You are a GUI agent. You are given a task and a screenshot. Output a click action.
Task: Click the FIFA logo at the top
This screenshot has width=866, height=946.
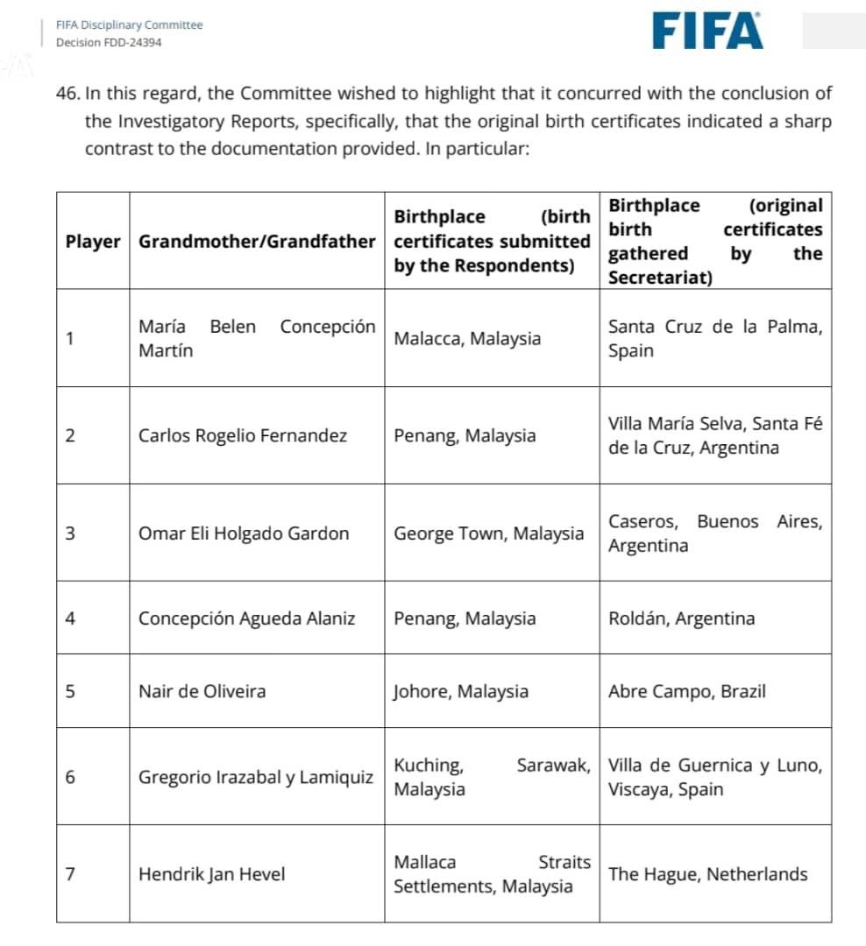pyautogui.click(x=707, y=31)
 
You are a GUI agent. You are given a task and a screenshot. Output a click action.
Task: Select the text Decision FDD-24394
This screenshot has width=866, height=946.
pyautogui.click(x=109, y=42)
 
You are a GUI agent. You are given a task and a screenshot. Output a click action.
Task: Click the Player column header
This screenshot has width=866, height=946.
pyautogui.click(x=93, y=241)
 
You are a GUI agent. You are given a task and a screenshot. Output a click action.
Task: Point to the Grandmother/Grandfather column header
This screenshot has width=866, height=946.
pyautogui.click(x=257, y=241)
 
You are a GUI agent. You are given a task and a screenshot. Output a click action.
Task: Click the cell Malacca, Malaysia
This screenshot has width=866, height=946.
pyautogui.click(x=467, y=339)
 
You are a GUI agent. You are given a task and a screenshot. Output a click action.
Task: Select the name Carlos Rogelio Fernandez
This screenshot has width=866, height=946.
pyautogui.click(x=243, y=435)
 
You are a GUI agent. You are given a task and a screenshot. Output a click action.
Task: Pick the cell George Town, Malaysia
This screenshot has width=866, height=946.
pyautogui.click(x=488, y=533)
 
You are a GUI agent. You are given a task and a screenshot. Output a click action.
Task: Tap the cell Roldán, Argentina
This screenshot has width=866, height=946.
pyautogui.click(x=681, y=618)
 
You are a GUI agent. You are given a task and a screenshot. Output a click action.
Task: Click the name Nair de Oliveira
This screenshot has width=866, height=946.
pyautogui.click(x=202, y=691)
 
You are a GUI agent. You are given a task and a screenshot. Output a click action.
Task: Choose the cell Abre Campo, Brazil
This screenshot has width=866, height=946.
pyautogui.click(x=686, y=691)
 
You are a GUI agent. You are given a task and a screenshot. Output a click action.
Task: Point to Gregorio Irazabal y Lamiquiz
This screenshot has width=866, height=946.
pyautogui.click(x=256, y=777)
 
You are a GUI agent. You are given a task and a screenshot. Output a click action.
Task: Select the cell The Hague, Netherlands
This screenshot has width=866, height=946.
pyautogui.click(x=707, y=874)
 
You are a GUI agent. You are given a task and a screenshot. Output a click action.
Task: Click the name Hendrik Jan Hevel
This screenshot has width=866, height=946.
pyautogui.click(x=212, y=874)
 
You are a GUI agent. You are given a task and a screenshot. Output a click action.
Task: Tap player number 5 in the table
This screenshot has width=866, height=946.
pyautogui.click(x=70, y=691)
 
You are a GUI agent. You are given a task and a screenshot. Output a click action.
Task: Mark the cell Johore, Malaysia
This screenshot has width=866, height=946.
pyautogui.click(x=461, y=691)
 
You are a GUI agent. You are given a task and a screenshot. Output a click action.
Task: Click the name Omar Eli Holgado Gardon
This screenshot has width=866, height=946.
pyautogui.click(x=244, y=533)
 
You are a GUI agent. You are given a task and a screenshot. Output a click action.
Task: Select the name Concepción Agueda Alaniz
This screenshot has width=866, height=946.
pyautogui.click(x=247, y=618)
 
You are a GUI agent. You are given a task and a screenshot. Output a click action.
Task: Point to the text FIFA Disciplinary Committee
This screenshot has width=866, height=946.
pyautogui.click(x=129, y=25)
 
